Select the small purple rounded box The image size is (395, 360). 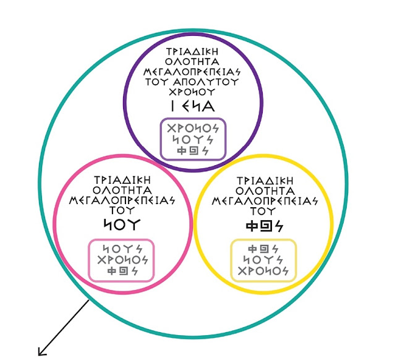[x=193, y=139]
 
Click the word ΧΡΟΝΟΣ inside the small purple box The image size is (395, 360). [x=193, y=128]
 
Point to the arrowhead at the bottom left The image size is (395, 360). [x=41, y=353]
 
